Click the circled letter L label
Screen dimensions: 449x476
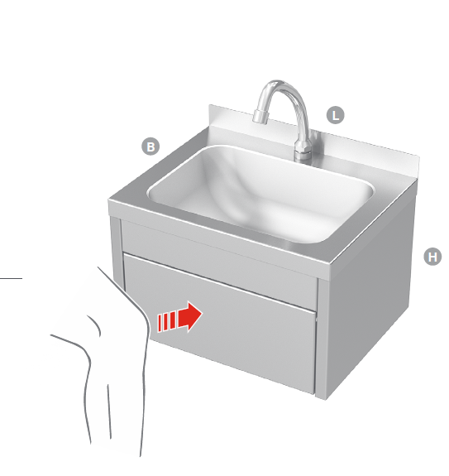click(336, 115)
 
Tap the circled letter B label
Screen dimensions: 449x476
click(150, 147)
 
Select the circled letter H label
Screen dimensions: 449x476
click(432, 257)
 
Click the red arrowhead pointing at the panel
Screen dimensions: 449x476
click(190, 316)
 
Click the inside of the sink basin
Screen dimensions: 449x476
click(260, 195)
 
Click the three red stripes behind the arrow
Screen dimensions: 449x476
click(166, 322)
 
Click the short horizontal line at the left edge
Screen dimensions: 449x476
click(12, 278)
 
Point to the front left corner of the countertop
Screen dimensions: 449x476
click(109, 200)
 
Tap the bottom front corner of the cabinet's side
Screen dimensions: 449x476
click(326, 400)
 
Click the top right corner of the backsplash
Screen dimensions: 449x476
click(419, 156)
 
